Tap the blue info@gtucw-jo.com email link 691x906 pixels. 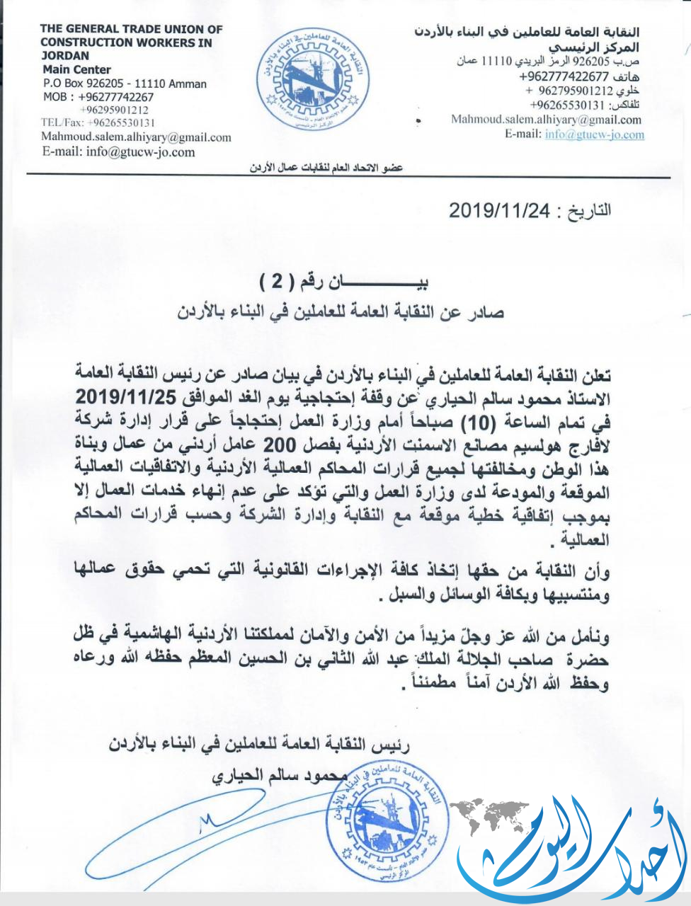(595, 134)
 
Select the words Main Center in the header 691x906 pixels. (76, 69)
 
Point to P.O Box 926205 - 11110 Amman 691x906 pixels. (125, 84)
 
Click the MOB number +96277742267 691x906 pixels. (98, 97)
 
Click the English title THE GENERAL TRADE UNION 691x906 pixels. (132, 30)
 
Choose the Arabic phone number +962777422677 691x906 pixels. (564, 76)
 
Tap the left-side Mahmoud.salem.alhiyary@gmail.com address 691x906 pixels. (136, 137)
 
